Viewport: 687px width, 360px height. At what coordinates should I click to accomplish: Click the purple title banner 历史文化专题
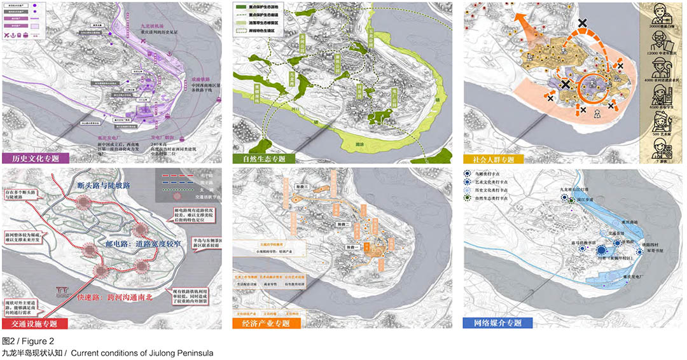[34, 158]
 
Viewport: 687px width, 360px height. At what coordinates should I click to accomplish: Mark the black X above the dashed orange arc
[583, 24]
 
